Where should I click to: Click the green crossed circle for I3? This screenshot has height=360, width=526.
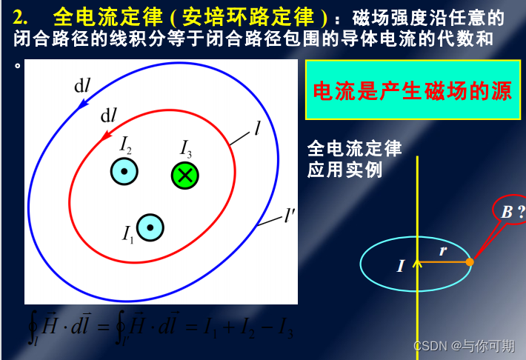(185, 176)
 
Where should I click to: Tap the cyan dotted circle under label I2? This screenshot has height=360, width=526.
(124, 171)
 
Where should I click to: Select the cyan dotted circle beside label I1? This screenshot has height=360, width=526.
(150, 227)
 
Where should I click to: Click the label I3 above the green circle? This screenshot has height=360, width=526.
(186, 147)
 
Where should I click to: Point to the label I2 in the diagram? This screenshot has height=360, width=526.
(126, 144)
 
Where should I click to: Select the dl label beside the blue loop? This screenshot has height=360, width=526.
(82, 86)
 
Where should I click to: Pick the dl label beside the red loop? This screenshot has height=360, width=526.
(109, 116)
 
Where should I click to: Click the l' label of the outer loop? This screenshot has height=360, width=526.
(290, 216)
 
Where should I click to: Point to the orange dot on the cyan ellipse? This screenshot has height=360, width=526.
(470, 261)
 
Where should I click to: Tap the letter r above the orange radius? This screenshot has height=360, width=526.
(443, 250)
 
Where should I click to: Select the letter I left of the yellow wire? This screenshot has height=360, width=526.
(401, 265)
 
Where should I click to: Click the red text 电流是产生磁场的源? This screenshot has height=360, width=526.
(413, 91)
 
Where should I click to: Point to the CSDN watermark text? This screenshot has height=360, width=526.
(464, 345)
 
